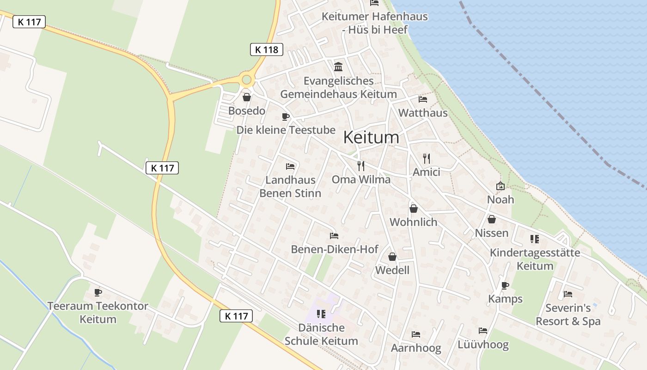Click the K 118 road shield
click(267, 49)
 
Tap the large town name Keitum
click(371, 137)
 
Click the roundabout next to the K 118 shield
click(247, 80)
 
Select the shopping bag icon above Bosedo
click(247, 97)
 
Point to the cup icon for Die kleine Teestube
click(286, 117)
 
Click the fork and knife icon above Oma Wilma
click(361, 166)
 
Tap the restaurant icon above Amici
click(427, 158)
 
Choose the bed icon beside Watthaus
click(422, 99)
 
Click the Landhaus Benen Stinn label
click(290, 186)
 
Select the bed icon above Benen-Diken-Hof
click(334, 236)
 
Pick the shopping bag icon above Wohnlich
click(414, 209)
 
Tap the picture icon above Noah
click(501, 186)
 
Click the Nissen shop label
click(492, 233)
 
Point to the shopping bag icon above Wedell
click(392, 257)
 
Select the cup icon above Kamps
click(505, 285)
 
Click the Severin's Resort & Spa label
click(568, 314)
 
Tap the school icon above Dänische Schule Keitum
click(321, 314)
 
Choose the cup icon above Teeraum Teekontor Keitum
click(98, 292)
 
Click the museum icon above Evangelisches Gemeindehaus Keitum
click(338, 67)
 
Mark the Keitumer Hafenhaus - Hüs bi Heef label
click(375, 23)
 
